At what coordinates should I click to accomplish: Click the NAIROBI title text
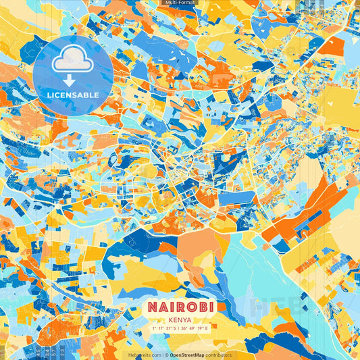click(x=179, y=307)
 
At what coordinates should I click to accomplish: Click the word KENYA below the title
click(x=180, y=320)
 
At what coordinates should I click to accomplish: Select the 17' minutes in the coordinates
click(x=161, y=329)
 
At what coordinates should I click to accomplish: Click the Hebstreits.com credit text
click(x=145, y=355)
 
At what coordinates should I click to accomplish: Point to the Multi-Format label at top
click(x=180, y=3)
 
